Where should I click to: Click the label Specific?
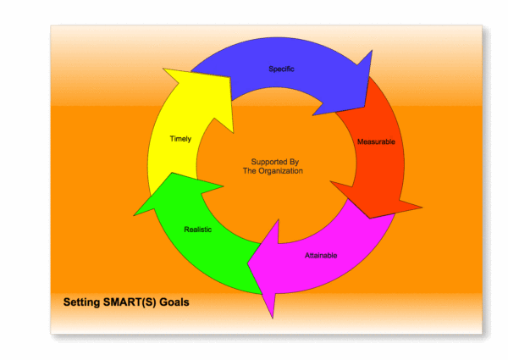coord(282,69)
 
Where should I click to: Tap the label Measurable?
coord(376,141)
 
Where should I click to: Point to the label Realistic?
coord(198,230)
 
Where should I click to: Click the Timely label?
coord(179,139)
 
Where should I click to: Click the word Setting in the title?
coord(83,302)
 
